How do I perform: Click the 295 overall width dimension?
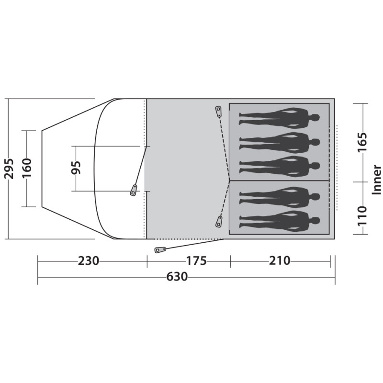coord(9,169)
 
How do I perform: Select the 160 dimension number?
coord(27,168)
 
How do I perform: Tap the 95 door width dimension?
coord(76,168)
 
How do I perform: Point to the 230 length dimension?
coord(89,260)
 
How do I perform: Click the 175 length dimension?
coord(197,260)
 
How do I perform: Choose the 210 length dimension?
coord(280,260)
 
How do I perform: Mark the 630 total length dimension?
coord(177,277)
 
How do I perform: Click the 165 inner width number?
coord(362,142)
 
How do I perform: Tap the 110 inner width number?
coord(362,216)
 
